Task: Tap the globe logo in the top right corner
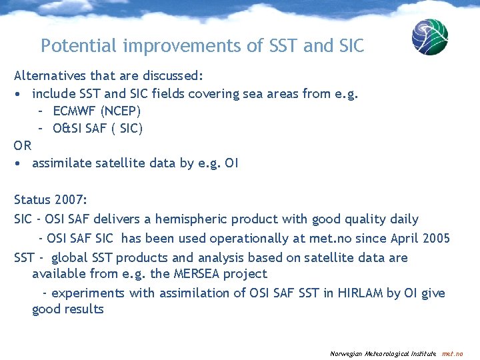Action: coord(429,37)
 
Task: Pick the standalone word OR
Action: coord(23,145)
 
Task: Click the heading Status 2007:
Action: coord(51,199)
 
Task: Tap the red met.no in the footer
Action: coord(452,353)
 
